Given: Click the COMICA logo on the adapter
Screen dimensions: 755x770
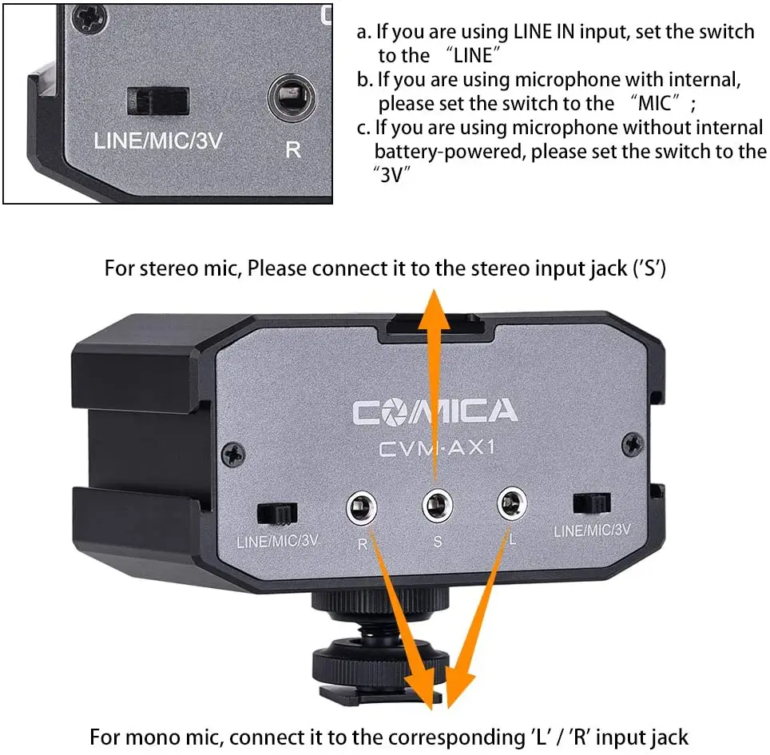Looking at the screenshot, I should (x=435, y=411).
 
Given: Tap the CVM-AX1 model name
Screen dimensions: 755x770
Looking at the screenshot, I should (x=436, y=448).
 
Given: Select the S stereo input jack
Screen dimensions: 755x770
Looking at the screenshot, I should (x=436, y=504).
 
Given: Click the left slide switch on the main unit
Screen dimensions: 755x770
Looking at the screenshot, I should (x=277, y=512).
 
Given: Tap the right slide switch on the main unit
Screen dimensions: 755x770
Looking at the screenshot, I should (x=591, y=503).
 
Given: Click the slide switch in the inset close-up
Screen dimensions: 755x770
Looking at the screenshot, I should (x=158, y=101).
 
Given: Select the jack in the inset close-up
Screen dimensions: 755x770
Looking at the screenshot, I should (x=292, y=97).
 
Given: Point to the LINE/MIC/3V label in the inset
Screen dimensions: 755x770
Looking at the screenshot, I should (x=157, y=142).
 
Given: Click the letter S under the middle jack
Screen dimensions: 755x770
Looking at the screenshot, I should (x=437, y=541).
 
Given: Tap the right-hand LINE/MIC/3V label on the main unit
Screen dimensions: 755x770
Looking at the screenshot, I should (x=592, y=529).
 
